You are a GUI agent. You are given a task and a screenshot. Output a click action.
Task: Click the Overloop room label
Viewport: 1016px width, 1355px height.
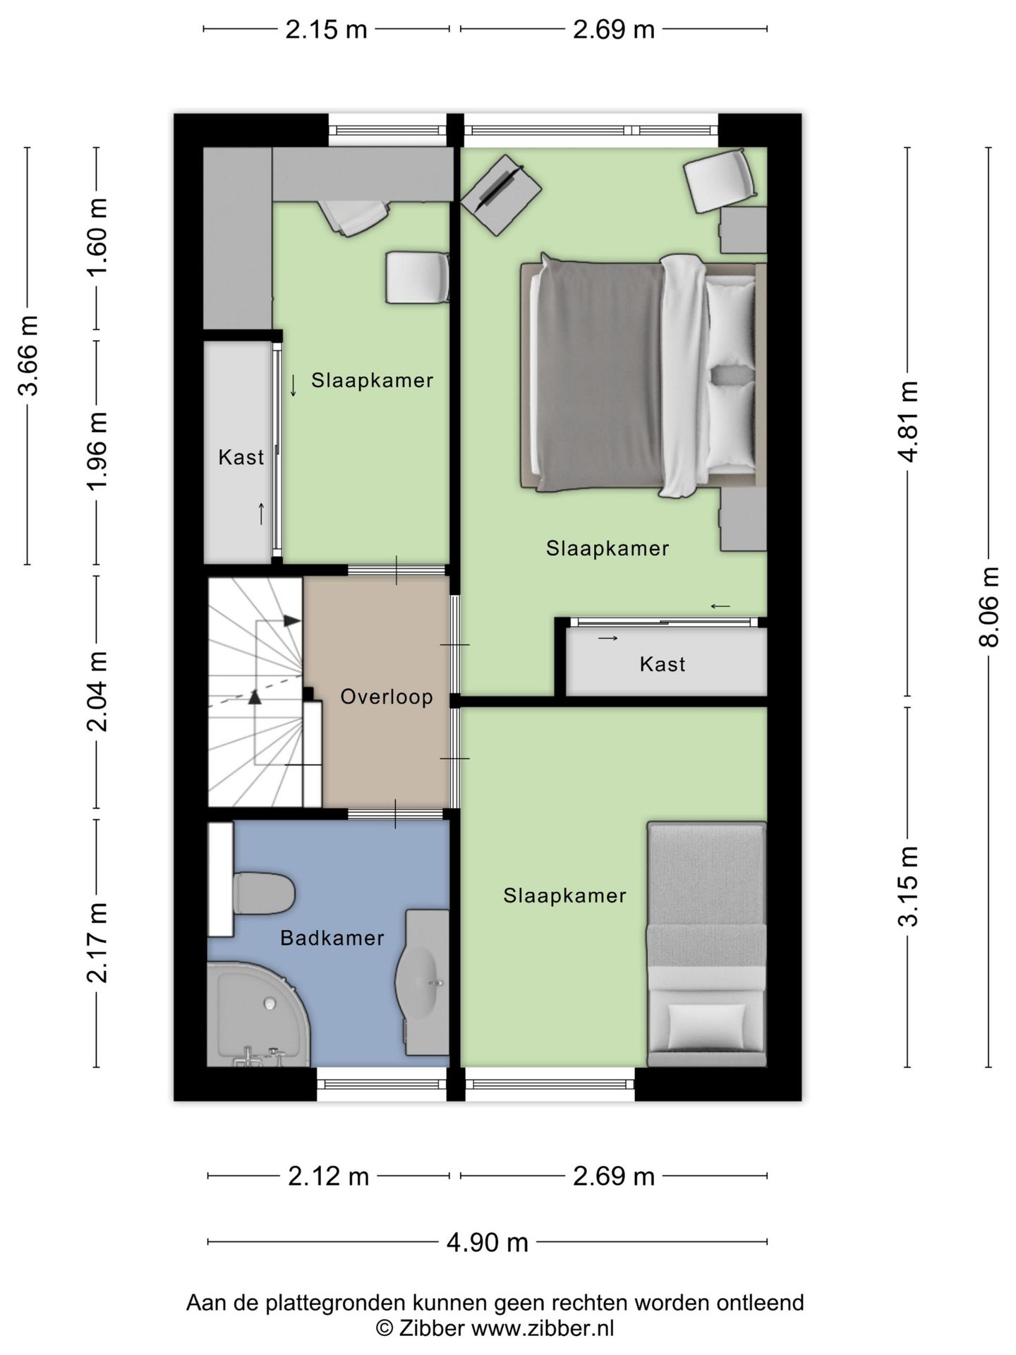coord(387,697)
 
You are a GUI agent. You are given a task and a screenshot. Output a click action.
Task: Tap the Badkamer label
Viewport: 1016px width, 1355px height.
coord(332,938)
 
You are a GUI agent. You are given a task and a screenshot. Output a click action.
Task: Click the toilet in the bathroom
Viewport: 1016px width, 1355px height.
coord(262,893)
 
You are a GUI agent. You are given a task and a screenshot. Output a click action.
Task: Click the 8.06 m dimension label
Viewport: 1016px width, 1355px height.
coord(989,607)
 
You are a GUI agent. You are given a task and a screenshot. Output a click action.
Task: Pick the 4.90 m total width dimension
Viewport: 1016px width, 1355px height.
coord(488,1242)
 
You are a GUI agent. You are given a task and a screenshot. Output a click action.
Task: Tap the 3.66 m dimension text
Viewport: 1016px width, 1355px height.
coord(28,356)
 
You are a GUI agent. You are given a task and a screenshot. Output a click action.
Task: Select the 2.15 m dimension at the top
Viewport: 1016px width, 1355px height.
coord(326,30)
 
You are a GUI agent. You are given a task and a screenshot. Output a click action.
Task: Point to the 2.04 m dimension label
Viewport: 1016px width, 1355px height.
coord(97,692)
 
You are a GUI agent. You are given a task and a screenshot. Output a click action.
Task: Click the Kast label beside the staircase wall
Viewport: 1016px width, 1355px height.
coord(241,457)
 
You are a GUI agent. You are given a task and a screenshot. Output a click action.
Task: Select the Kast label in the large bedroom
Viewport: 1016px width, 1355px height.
coord(663,664)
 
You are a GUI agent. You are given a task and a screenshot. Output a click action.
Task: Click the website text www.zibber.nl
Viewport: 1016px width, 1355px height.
coord(543,1329)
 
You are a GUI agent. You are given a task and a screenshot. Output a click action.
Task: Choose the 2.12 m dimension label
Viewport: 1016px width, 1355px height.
coord(329,1176)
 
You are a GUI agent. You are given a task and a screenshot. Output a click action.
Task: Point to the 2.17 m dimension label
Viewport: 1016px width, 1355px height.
coord(97,943)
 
